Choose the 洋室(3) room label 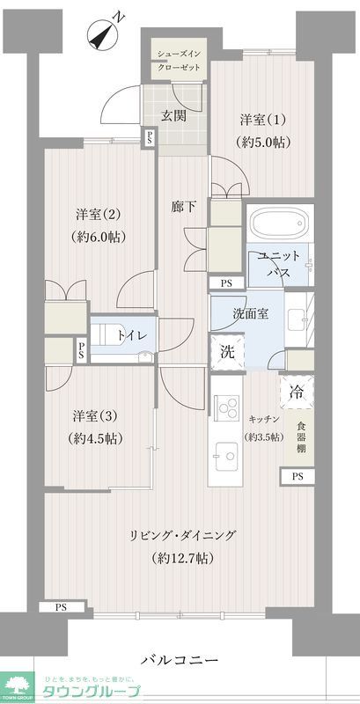tap(96, 427)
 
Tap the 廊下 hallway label tap(183, 208)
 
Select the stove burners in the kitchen tap(227, 409)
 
